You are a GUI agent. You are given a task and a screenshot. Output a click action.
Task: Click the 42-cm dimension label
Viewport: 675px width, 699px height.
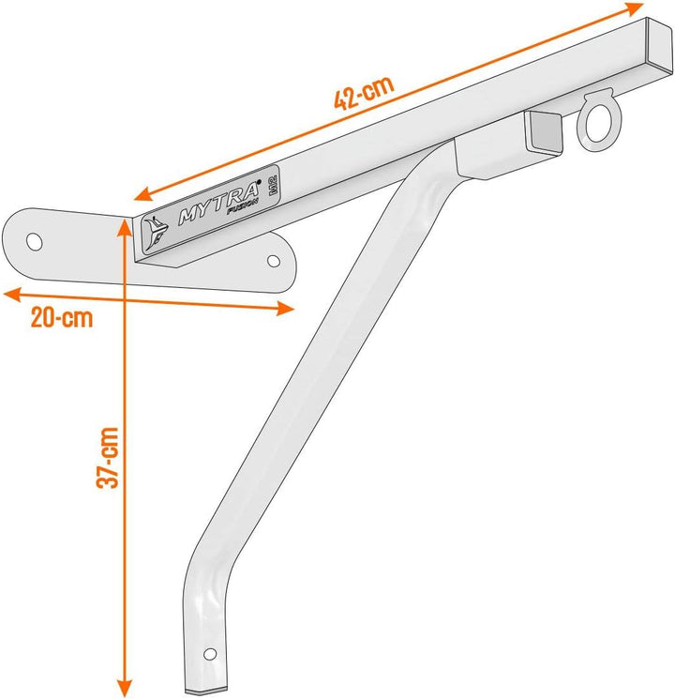(x=364, y=93)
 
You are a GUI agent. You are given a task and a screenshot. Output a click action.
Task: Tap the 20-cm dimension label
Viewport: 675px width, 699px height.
(x=62, y=318)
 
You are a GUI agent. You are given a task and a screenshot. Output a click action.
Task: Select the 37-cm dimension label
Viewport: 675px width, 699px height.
(x=108, y=457)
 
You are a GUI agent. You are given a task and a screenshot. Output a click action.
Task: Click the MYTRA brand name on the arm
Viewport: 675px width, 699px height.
(x=218, y=203)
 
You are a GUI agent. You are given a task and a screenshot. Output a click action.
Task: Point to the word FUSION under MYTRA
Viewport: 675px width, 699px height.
(x=243, y=207)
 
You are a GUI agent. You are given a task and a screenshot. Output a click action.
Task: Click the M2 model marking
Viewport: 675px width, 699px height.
(x=273, y=184)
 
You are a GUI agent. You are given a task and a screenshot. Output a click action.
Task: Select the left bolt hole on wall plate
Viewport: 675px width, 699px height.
(x=35, y=242)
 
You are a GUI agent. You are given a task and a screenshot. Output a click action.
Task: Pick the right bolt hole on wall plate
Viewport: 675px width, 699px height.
(x=274, y=261)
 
